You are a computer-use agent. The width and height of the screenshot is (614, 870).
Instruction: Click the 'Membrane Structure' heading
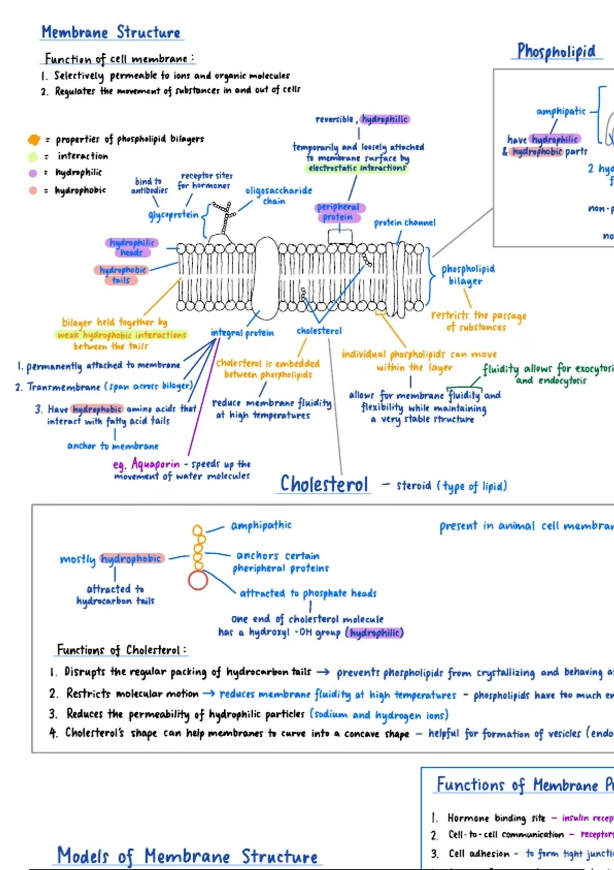(x=111, y=32)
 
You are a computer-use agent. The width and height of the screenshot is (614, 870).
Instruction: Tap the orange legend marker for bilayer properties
(x=34, y=139)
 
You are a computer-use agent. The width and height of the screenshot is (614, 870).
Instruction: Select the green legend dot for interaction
(x=33, y=156)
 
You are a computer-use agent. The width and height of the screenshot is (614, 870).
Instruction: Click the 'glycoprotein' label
(x=173, y=215)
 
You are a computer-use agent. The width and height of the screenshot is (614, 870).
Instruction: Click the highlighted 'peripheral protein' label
(x=338, y=212)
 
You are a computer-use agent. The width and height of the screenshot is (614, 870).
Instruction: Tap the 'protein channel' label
(x=404, y=223)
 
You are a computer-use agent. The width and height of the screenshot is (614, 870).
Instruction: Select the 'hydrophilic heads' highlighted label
(x=132, y=247)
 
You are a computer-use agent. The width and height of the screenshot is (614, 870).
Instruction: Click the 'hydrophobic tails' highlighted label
(x=122, y=275)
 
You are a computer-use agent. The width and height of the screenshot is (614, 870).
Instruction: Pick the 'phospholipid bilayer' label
(x=468, y=274)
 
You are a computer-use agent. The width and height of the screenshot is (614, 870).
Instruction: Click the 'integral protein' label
(x=242, y=333)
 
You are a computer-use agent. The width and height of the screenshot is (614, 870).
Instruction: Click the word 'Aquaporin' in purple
(x=156, y=464)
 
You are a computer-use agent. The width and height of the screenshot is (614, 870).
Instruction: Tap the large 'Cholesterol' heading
(x=324, y=484)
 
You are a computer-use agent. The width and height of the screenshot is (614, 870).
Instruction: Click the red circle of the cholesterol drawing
(x=198, y=580)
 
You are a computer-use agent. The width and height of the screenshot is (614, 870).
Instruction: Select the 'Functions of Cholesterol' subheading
(x=121, y=650)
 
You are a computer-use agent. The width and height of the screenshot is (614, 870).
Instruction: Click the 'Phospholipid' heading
(x=556, y=51)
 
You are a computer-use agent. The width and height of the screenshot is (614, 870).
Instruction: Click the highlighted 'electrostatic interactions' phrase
(x=357, y=168)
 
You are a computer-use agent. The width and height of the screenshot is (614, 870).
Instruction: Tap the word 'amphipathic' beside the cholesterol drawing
(x=261, y=525)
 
